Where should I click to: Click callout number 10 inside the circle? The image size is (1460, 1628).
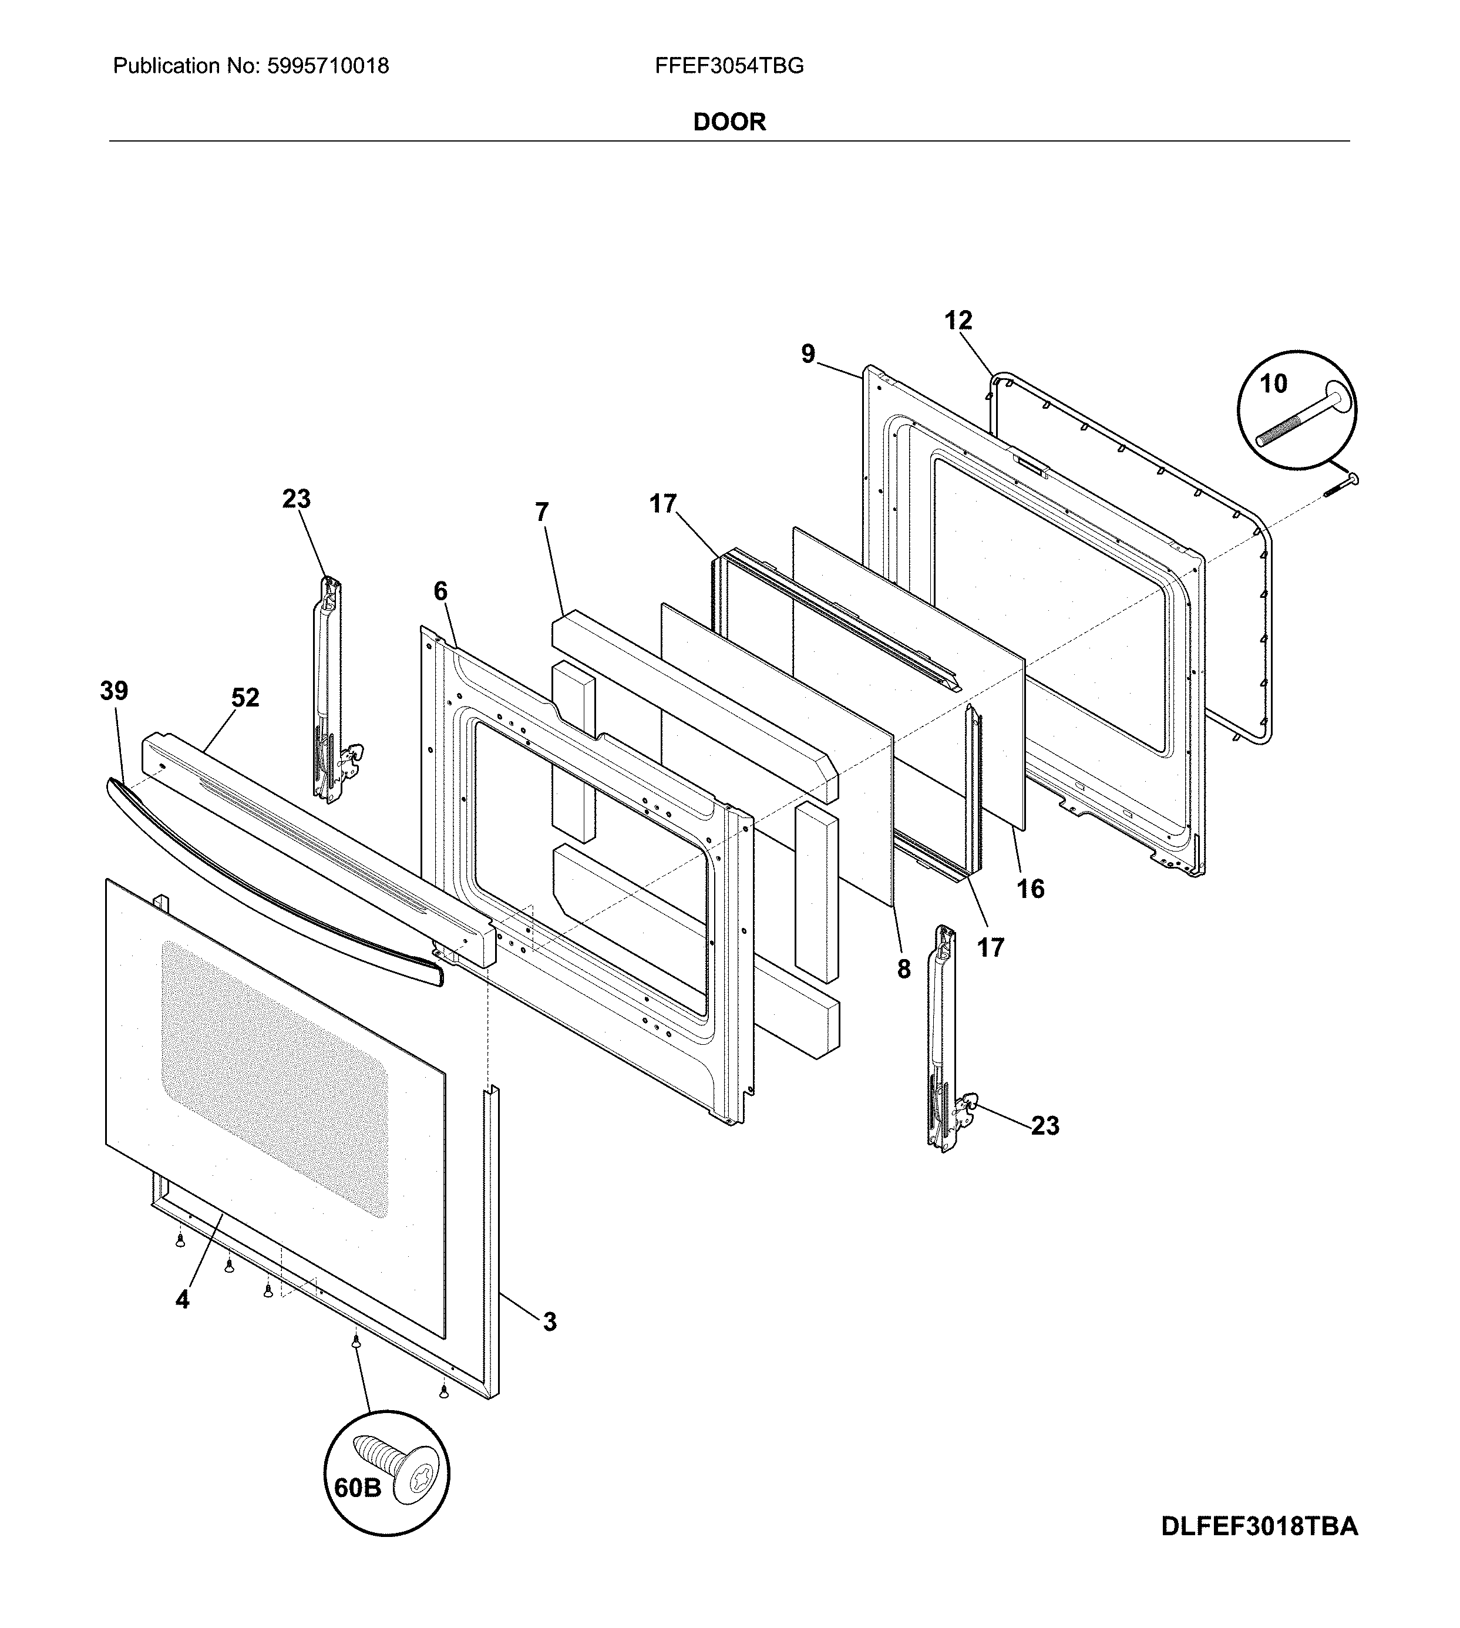[1273, 384]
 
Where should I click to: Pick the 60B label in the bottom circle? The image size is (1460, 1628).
[357, 1488]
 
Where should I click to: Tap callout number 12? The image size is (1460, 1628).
[958, 321]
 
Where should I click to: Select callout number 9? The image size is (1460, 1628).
[808, 354]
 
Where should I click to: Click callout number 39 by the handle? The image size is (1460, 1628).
[114, 691]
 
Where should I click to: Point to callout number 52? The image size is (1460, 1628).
[245, 698]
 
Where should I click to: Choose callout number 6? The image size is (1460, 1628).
[440, 591]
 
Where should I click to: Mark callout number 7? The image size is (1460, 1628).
[542, 512]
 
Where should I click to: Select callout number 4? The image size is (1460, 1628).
[183, 1300]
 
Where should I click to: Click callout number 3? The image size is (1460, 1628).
[550, 1321]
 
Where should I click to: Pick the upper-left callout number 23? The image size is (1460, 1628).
[296, 499]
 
